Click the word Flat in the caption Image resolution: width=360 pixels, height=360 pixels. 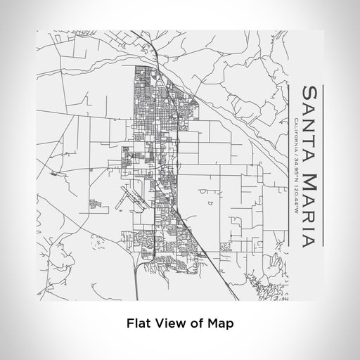[x=137, y=323]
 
